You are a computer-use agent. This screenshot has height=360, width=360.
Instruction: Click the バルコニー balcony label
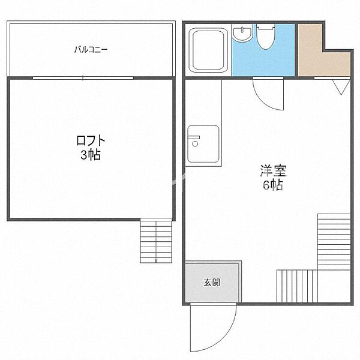click(91, 50)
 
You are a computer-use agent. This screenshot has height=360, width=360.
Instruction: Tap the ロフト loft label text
click(91, 141)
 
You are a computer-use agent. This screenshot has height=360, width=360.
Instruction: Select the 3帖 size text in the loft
click(91, 155)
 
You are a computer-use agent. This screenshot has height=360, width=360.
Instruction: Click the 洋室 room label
click(273, 170)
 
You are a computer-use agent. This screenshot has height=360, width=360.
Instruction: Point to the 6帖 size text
click(273, 185)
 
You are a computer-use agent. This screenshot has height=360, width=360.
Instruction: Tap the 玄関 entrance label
click(211, 282)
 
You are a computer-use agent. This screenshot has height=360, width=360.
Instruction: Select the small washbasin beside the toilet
click(242, 34)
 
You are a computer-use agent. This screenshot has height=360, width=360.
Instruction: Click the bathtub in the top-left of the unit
click(208, 50)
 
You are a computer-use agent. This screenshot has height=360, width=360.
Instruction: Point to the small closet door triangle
click(341, 86)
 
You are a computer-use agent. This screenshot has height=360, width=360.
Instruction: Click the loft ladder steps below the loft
click(156, 240)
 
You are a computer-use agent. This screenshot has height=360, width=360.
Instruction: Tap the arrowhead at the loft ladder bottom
click(156, 260)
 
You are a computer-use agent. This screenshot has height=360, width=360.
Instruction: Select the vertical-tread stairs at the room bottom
click(296, 286)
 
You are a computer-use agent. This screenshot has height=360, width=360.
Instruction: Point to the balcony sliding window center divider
click(83, 78)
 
